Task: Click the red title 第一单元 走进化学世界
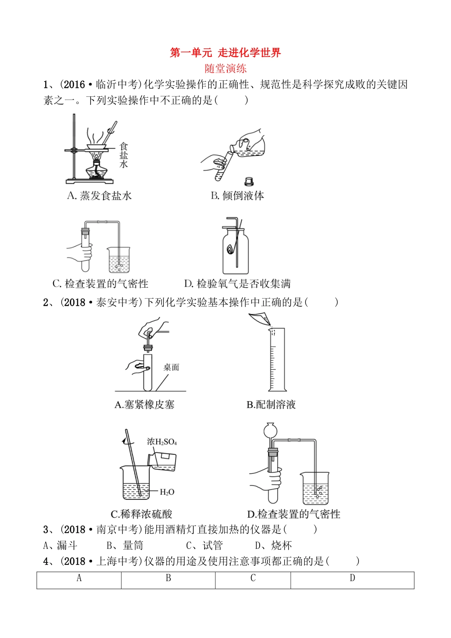[225, 53]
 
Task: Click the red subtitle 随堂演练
[225, 68]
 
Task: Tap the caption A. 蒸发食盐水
[99, 196]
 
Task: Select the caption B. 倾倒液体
[237, 196]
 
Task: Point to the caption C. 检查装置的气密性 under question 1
[100, 284]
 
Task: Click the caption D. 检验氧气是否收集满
[237, 284]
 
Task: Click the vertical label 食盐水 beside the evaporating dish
[123, 155]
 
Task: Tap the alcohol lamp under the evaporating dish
[96, 169]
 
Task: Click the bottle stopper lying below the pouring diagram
[248, 181]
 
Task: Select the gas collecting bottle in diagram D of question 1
[235, 252]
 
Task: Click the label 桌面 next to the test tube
[171, 367]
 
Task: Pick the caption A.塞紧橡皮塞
[144, 404]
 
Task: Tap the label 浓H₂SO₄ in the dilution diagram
[162, 441]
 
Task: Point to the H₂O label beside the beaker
[167, 492]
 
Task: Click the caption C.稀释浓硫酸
[141, 514]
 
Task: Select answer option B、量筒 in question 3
[125, 545]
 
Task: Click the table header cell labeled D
[352, 578]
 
